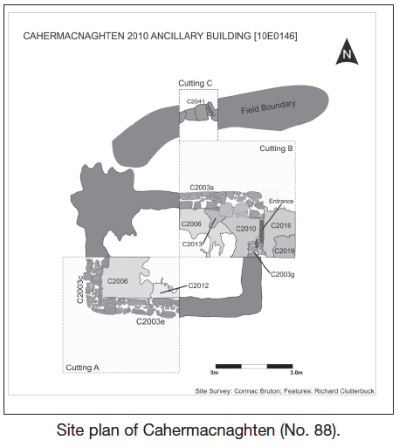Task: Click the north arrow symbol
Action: click(347, 52)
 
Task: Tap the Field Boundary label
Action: click(268, 107)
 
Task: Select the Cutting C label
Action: click(196, 83)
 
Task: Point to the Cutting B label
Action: click(276, 148)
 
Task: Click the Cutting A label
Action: click(83, 368)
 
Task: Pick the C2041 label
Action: click(196, 101)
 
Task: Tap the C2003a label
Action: click(202, 188)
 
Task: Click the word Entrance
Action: click(281, 201)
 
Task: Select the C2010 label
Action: click(246, 229)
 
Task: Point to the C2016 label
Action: click(281, 225)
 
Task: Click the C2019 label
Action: click(285, 251)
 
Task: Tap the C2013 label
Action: click(192, 244)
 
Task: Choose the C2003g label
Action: click(283, 274)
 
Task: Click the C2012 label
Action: click(198, 285)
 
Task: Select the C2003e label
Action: click(150, 321)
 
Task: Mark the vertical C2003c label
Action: click(79, 289)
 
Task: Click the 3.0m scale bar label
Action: click(296, 373)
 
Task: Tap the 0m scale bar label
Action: click(214, 373)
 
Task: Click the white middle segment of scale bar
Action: click(254, 367)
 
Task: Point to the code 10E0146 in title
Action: click(276, 36)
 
